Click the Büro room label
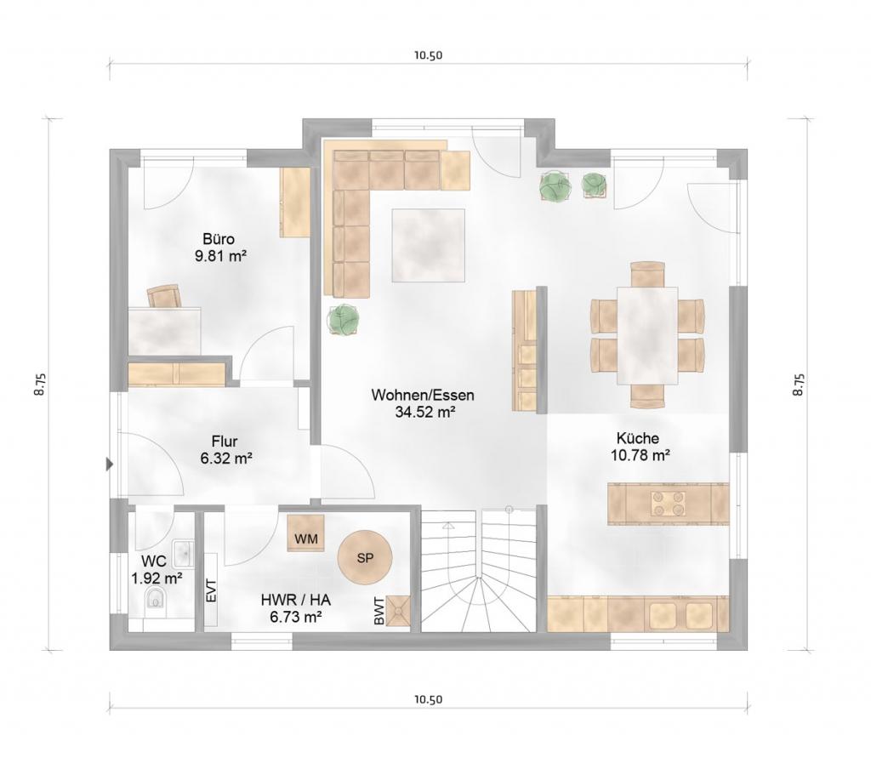tap(219, 239)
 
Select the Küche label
tap(638, 438)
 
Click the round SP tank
tap(366, 558)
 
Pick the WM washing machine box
tap(305, 533)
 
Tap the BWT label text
tap(379, 611)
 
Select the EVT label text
tap(211, 590)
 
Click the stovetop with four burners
tap(665, 504)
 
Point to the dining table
tap(647, 335)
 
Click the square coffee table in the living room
tap(429, 245)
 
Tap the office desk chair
tap(164, 296)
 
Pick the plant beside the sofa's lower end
tap(344, 320)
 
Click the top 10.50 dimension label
tap(428, 55)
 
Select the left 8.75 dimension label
tap(39, 384)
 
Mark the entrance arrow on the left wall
tap(110, 464)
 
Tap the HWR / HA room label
tap(295, 600)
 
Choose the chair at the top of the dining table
tap(647, 273)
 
